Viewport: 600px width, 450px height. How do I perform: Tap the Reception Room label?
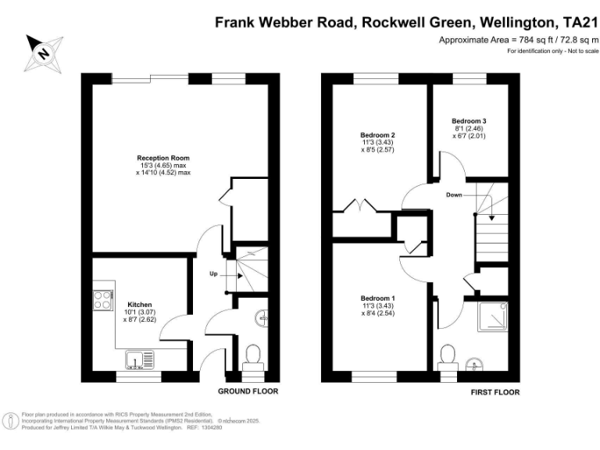[163, 158]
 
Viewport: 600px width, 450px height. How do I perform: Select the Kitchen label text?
[140, 304]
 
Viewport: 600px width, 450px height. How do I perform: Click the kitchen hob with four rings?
[102, 298]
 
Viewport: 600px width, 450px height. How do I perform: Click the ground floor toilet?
[252, 359]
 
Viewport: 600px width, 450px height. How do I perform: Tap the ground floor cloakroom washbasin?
[264, 318]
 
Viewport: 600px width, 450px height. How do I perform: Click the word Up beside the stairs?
[213, 274]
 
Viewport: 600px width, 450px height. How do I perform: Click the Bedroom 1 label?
[377, 298]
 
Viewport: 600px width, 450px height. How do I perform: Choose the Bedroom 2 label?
[377, 135]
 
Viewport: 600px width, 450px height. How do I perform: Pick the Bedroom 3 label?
[469, 121]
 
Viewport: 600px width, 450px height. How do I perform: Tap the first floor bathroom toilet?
[448, 355]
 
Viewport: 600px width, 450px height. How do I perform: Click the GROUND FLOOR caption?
[248, 391]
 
